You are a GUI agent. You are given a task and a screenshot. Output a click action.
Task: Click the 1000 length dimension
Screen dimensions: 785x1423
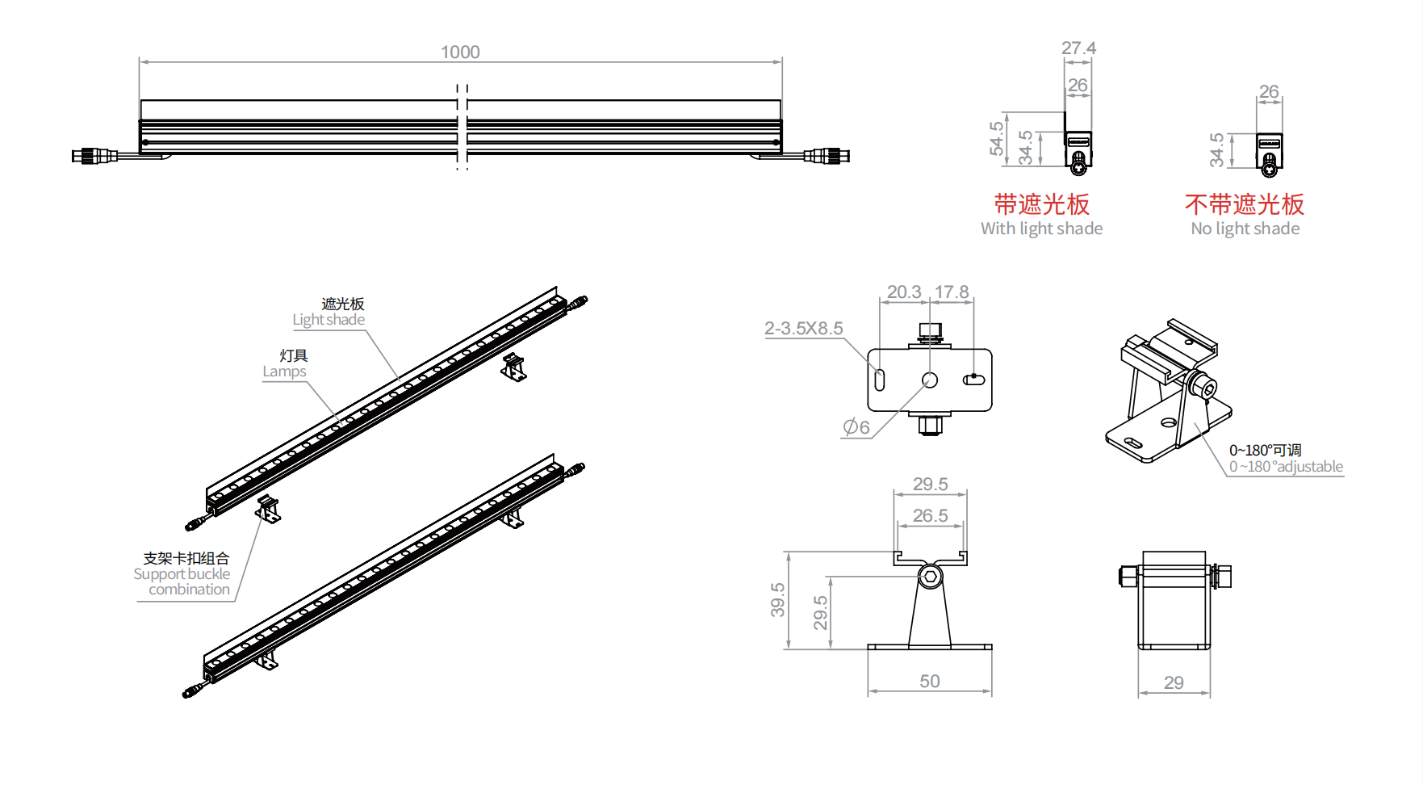(x=460, y=52)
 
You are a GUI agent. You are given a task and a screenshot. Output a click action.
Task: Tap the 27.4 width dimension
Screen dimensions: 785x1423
(x=1078, y=48)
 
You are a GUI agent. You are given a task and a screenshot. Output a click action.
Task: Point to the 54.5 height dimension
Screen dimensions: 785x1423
(x=997, y=138)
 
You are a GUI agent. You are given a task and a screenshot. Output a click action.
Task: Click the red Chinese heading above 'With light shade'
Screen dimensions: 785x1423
(x=1041, y=204)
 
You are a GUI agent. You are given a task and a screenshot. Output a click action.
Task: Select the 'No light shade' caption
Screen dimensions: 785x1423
(x=1245, y=229)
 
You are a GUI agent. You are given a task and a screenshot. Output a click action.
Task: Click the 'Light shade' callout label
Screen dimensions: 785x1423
(x=329, y=320)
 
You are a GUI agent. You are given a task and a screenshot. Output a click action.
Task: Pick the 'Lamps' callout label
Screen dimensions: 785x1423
(x=284, y=372)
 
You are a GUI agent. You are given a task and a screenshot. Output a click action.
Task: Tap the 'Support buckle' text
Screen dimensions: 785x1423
(x=182, y=574)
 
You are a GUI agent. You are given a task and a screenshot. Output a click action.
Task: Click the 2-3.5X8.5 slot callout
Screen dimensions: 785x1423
(x=803, y=329)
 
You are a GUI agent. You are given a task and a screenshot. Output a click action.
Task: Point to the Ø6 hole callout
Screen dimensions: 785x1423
(x=856, y=427)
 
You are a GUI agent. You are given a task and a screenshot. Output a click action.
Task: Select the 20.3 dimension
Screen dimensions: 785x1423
(x=904, y=292)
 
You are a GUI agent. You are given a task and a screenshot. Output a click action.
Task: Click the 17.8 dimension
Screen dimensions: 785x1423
(x=952, y=292)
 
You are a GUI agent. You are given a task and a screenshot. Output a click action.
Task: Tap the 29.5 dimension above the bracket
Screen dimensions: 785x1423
(x=930, y=485)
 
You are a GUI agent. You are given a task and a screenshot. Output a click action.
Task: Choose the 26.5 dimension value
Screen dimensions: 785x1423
(x=930, y=516)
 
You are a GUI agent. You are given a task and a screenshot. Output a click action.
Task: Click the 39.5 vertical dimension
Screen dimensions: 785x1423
(x=777, y=600)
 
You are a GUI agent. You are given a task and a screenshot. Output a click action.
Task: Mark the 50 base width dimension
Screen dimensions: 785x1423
(x=930, y=682)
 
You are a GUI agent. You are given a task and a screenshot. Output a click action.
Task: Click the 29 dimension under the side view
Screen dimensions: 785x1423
(x=1174, y=683)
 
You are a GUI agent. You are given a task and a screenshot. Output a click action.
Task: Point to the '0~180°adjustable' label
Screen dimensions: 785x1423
(x=1286, y=467)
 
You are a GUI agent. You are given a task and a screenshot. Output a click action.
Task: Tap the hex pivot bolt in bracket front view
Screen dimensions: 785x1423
(x=930, y=577)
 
